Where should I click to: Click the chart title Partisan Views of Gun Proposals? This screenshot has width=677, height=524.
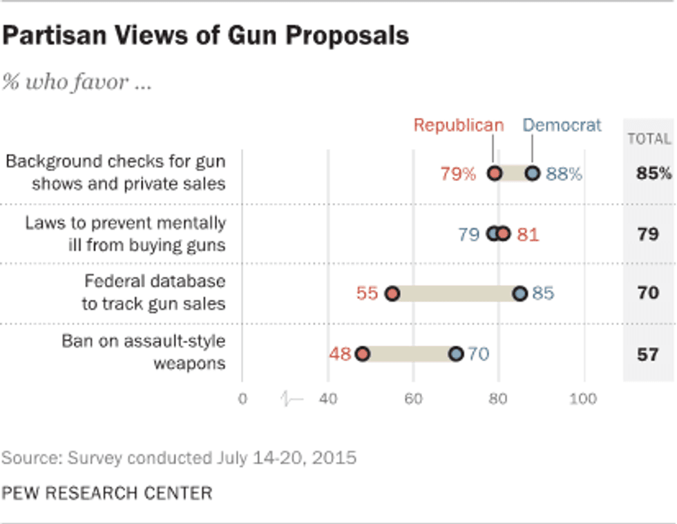tap(205, 35)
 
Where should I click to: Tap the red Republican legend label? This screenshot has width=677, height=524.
tap(459, 125)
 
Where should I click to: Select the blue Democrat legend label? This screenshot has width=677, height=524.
tap(562, 125)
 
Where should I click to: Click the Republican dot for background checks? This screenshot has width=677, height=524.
tap(494, 173)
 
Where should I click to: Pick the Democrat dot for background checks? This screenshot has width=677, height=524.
tap(532, 173)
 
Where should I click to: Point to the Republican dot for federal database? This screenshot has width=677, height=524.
tap(392, 294)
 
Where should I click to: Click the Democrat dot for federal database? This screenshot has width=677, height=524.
tap(519, 294)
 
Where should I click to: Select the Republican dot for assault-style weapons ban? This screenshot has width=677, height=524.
tap(362, 354)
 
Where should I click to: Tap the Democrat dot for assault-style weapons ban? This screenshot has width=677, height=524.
tap(456, 354)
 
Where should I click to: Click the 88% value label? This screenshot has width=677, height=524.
tap(564, 174)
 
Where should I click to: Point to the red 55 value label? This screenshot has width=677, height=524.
tap(368, 294)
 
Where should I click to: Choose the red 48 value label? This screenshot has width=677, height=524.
tap(340, 355)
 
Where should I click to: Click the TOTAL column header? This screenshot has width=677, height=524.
tap(649, 139)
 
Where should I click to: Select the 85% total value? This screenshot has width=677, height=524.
tap(653, 173)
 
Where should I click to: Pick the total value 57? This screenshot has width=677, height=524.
tap(648, 355)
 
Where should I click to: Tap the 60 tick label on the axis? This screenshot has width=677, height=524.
tap(413, 399)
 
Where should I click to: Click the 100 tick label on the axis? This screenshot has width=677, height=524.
tap(584, 399)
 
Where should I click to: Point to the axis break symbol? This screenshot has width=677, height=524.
tap(293, 399)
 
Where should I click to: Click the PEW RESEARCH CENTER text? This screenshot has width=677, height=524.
tap(107, 493)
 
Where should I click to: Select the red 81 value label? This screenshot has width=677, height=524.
tap(528, 235)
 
